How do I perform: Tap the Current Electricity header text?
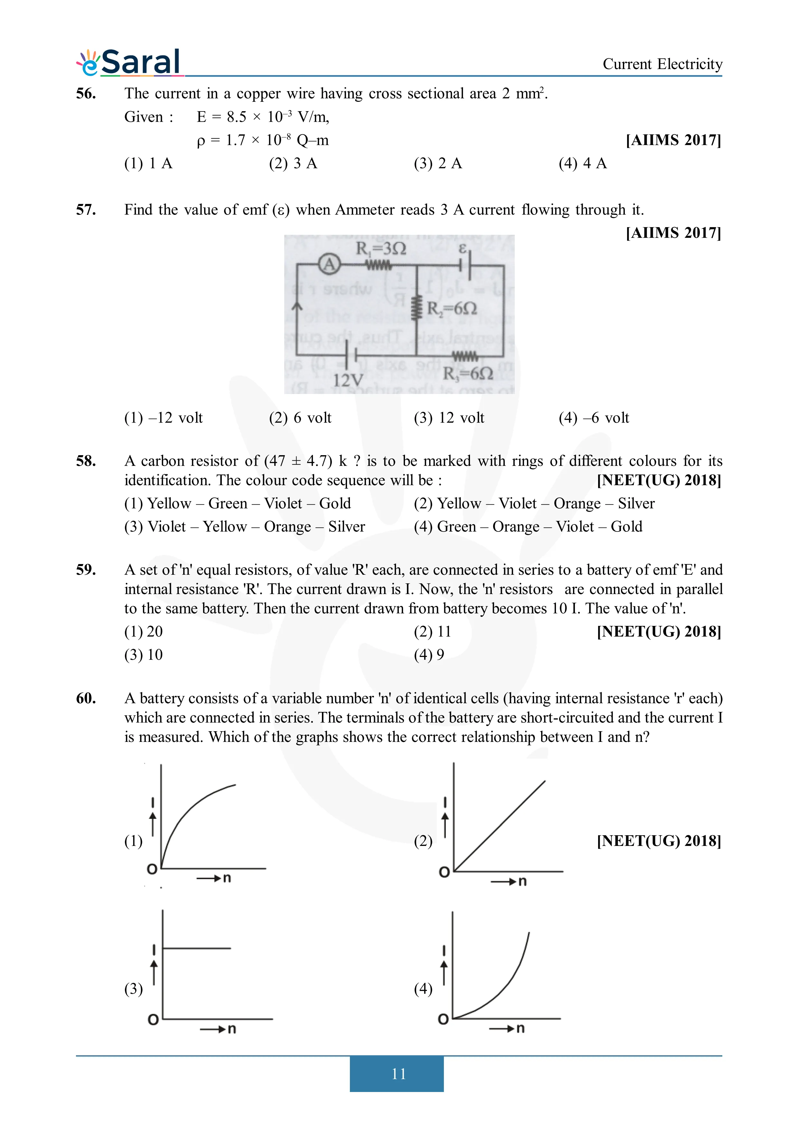tap(662, 64)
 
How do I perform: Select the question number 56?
tap(86, 93)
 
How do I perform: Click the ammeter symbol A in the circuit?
tap(329, 265)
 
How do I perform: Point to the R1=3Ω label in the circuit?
tap(381, 249)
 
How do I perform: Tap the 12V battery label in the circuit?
tap(348, 380)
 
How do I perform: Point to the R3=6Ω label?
tap(468, 374)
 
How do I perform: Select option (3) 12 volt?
tap(449, 418)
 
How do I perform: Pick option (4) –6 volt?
tap(594, 418)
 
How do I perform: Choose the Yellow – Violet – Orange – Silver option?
tap(534, 503)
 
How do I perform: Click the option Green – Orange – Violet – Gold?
tap(528, 527)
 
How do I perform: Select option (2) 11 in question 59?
tap(432, 631)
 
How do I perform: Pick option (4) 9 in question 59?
tap(429, 655)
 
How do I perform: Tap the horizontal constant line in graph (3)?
tap(197, 948)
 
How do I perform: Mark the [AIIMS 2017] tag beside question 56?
tap(673, 140)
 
